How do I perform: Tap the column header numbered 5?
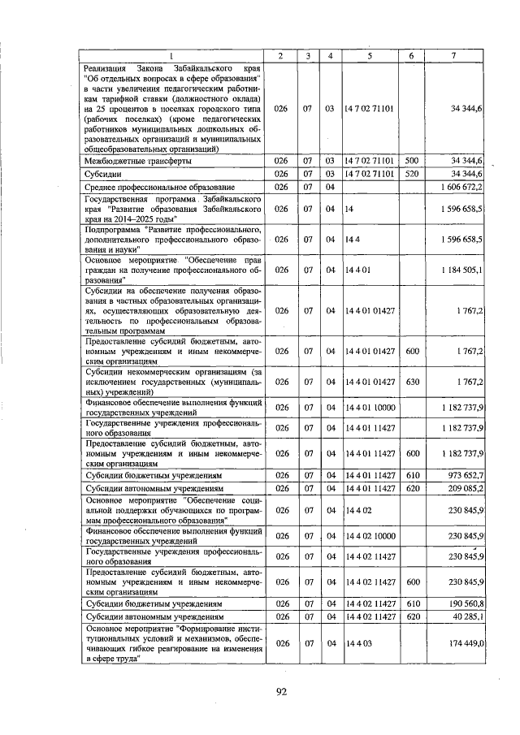pyautogui.click(x=370, y=55)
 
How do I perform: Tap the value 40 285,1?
pyautogui.click(x=467, y=618)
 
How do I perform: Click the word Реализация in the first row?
pyautogui.click(x=110, y=68)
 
